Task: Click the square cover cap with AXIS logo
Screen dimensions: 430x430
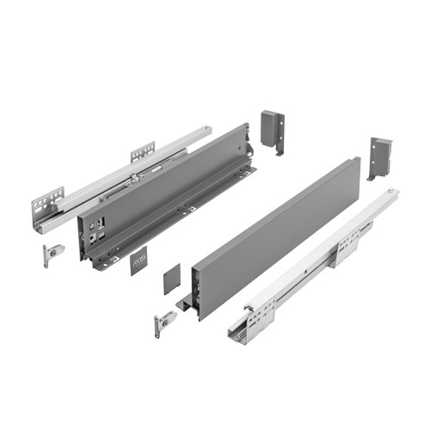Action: [138, 260]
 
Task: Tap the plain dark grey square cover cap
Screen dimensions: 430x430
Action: [171, 283]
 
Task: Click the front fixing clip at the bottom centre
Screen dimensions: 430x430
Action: [163, 322]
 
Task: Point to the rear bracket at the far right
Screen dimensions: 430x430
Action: [381, 154]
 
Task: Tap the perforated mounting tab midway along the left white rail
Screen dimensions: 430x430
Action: [143, 151]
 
